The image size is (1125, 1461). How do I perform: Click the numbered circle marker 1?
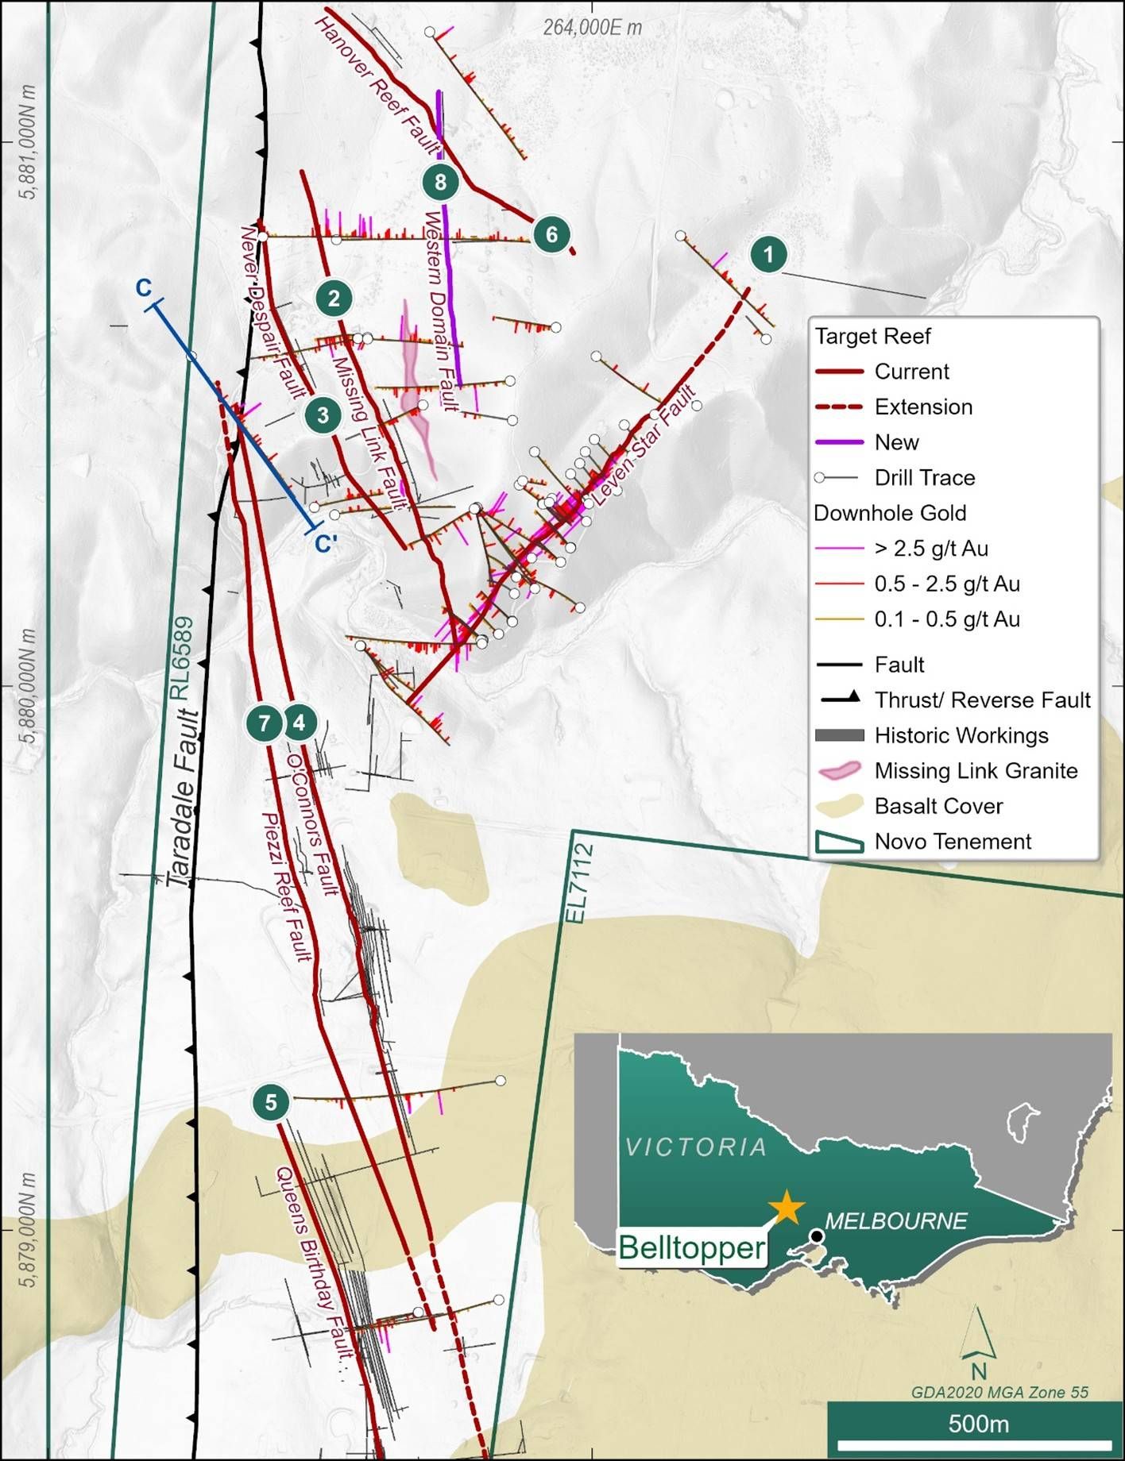(767, 254)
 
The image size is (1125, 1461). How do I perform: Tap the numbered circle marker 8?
(440, 182)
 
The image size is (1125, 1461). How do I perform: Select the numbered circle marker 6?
(551, 234)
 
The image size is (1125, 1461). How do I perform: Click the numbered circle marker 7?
(265, 723)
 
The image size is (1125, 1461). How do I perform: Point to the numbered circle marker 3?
(323, 414)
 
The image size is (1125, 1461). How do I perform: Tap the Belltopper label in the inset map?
(691, 1247)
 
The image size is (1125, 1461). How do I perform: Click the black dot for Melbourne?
(817, 1237)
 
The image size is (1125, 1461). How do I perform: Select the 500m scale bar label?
(978, 1424)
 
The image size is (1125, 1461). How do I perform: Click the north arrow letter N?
(978, 1371)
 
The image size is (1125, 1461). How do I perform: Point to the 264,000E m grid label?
(593, 28)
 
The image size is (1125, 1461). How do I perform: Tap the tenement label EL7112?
(582, 883)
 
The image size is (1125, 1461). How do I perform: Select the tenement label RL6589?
(182, 658)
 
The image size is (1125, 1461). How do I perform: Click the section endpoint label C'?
(325, 543)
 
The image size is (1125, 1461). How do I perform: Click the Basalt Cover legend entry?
(938, 806)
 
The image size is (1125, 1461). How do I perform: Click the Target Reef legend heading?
(872, 337)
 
